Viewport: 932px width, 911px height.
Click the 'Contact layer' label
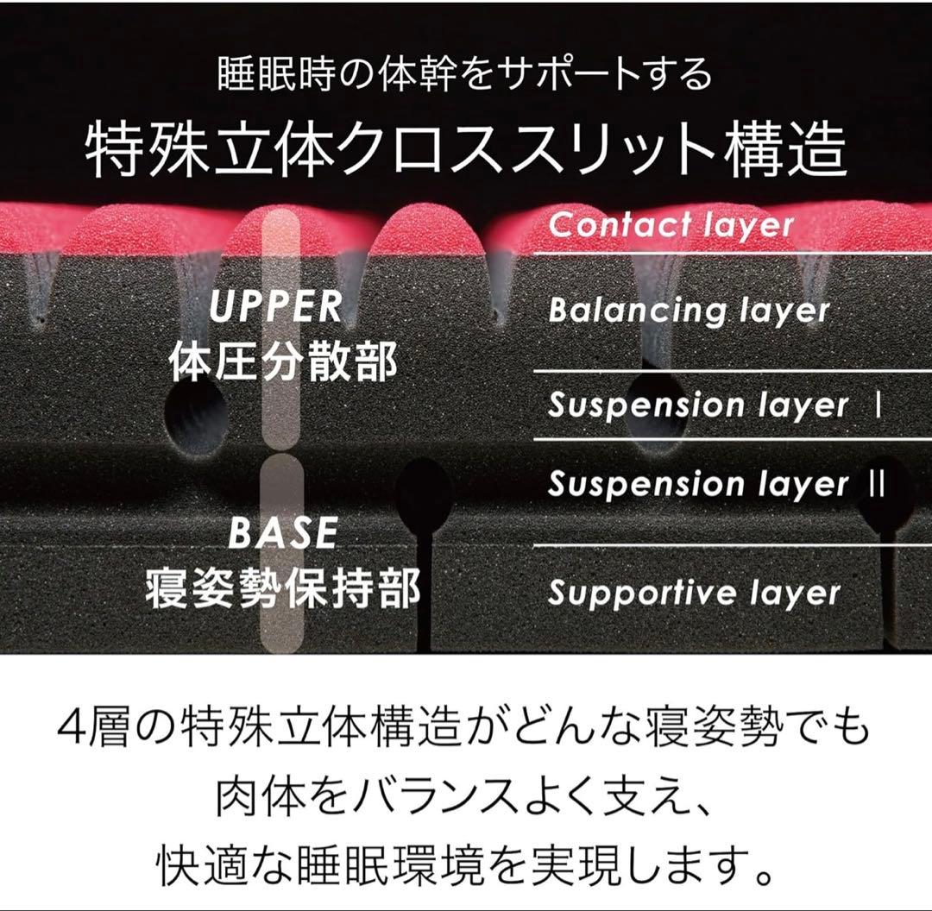coord(671,225)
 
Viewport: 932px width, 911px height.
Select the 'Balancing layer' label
coord(689,311)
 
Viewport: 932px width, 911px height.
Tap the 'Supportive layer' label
coord(694,593)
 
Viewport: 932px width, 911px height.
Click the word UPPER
coord(276,306)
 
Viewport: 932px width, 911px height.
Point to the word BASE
coord(283,532)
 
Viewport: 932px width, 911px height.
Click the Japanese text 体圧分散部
coord(284,362)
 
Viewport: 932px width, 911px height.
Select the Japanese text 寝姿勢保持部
coord(283,587)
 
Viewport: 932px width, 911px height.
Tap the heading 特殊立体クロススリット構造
coord(466,149)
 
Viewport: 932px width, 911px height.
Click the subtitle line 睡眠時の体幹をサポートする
coord(465,74)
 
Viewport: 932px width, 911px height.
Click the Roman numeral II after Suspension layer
coord(877,483)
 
